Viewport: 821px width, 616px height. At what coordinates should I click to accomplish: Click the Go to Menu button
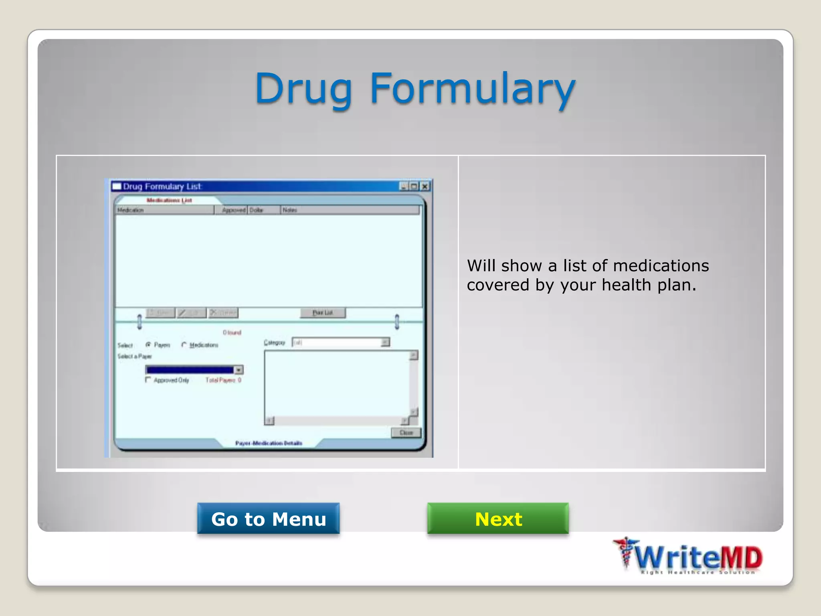(x=268, y=519)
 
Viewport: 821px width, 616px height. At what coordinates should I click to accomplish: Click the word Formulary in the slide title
(x=472, y=89)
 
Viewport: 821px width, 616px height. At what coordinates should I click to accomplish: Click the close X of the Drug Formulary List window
(x=425, y=186)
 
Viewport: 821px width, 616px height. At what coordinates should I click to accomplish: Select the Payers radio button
(x=148, y=345)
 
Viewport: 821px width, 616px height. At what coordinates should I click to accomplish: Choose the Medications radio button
(x=184, y=345)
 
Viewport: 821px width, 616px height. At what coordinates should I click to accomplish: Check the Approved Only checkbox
(x=148, y=380)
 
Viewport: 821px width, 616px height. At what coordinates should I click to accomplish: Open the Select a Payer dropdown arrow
(x=239, y=370)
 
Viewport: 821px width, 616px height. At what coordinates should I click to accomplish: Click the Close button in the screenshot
(x=406, y=433)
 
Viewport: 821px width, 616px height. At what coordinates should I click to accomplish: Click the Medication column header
(x=164, y=210)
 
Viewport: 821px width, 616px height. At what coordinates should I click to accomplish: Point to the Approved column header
(x=233, y=210)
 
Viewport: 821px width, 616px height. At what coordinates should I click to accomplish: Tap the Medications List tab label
(x=169, y=200)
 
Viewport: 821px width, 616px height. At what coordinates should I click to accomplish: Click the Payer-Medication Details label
(x=269, y=443)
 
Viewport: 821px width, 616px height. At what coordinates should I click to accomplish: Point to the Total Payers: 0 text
(x=223, y=380)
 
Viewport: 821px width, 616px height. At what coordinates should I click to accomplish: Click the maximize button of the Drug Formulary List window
(x=414, y=186)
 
